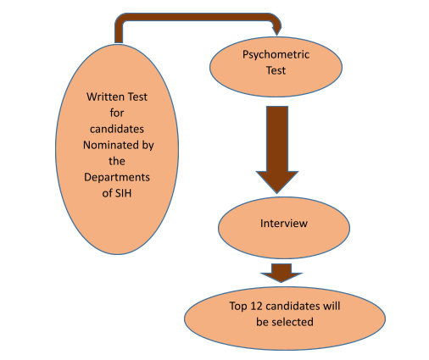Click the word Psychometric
[x=276, y=55]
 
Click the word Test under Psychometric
[x=276, y=70]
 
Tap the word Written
[x=106, y=97]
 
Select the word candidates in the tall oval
[x=117, y=129]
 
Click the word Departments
[x=117, y=178]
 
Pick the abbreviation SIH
[x=124, y=193]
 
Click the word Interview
[x=284, y=224]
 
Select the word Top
[x=238, y=307]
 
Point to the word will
[x=331, y=306]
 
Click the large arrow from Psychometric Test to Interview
[x=277, y=150]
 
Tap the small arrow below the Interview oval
[x=281, y=273]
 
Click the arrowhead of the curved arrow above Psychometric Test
[x=277, y=30]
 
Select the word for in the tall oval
[x=117, y=113]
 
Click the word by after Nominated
[x=148, y=146]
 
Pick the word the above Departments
[x=117, y=161]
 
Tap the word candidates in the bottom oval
[x=292, y=306]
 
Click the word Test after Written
[x=137, y=97]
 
